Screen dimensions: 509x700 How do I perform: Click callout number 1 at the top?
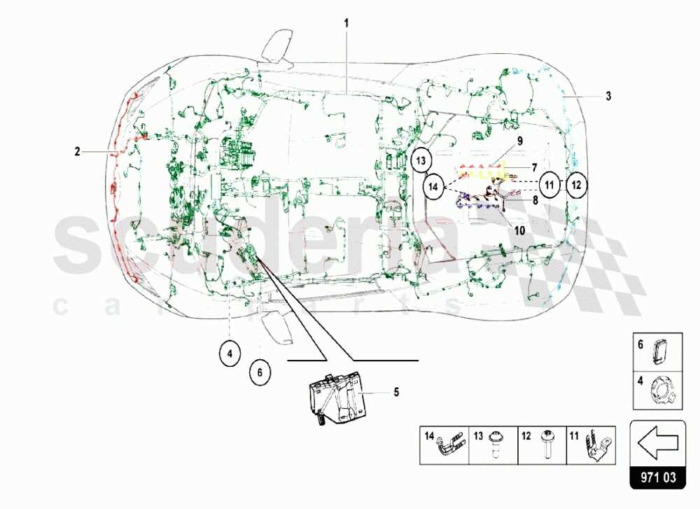[346, 22]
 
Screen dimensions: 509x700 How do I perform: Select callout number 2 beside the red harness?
[78, 150]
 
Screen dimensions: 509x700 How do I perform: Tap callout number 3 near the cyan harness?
[608, 95]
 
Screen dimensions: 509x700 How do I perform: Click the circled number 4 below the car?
[229, 354]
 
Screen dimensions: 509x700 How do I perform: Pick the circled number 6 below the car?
[259, 372]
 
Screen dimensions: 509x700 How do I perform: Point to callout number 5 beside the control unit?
[395, 392]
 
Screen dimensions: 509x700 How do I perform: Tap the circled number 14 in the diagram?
[434, 186]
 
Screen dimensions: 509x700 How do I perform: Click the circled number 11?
[550, 185]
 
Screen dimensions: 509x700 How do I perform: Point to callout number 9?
[520, 140]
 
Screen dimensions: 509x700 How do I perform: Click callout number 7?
[534, 168]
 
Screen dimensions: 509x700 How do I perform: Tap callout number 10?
[519, 228]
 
